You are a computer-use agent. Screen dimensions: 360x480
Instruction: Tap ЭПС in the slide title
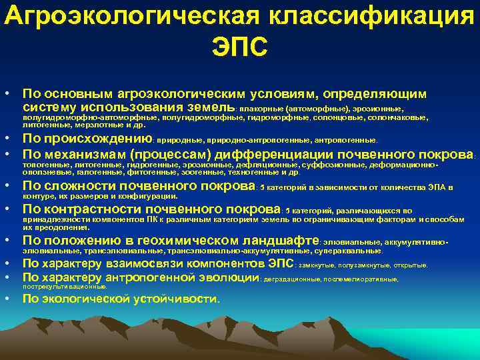click(x=240, y=47)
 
